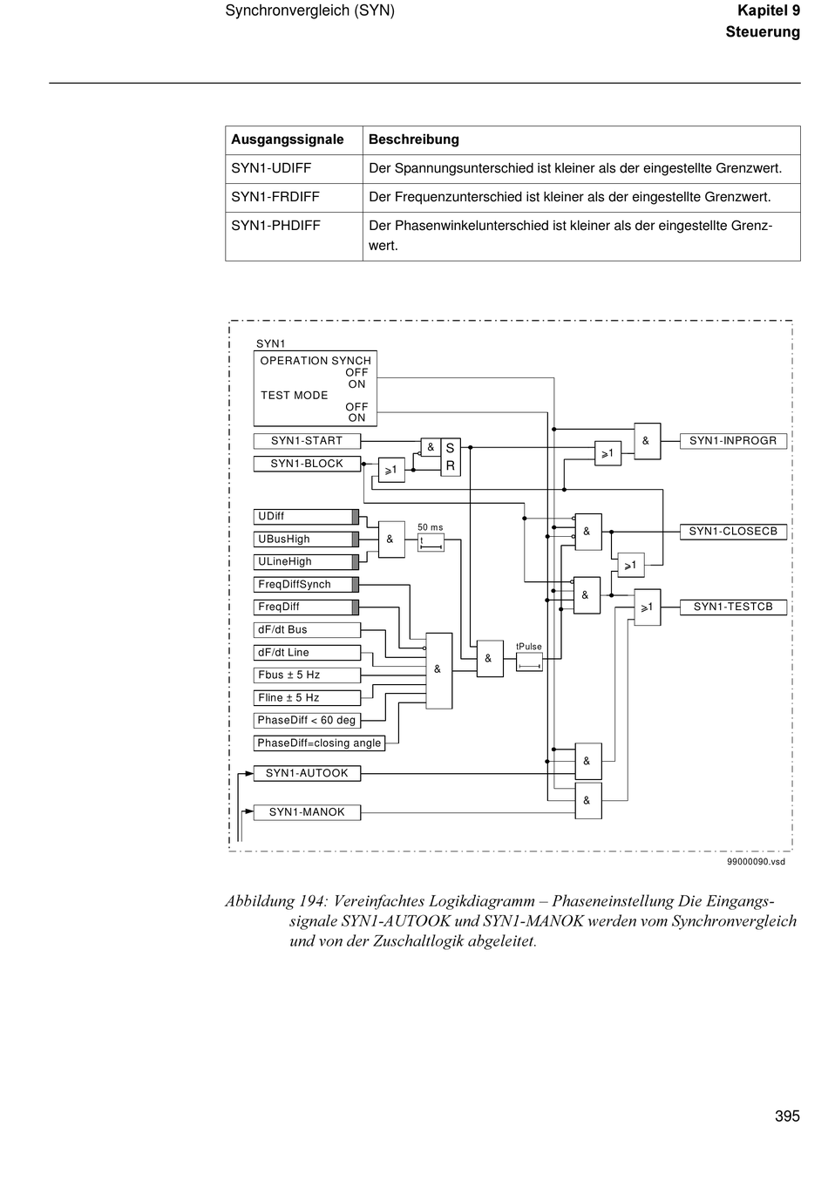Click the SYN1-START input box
pyautogui.click(x=307, y=441)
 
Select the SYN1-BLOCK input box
pyautogui.click(x=307, y=464)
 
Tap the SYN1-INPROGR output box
pyautogui.click(x=733, y=441)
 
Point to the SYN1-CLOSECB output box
pyautogui.click(x=733, y=532)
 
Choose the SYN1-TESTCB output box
pyautogui.click(x=733, y=607)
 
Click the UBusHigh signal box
pyautogui.click(x=306, y=539)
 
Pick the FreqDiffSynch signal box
pyautogui.click(x=306, y=585)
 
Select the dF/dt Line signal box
pyautogui.click(x=307, y=653)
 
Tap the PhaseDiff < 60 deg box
pyautogui.click(x=307, y=720)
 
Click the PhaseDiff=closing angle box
pyautogui.click(x=319, y=743)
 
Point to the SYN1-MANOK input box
pyautogui.click(x=307, y=812)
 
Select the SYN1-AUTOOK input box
pyautogui.click(x=307, y=773)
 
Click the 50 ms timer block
pyautogui.click(x=431, y=543)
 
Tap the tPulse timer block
pyautogui.click(x=529, y=662)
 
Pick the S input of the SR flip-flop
pyautogui.click(x=450, y=448)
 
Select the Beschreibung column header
pyautogui.click(x=413, y=140)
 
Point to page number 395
pyautogui.click(x=787, y=1116)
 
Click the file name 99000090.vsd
pyautogui.click(x=757, y=862)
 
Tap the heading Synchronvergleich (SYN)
pyautogui.click(x=310, y=10)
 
